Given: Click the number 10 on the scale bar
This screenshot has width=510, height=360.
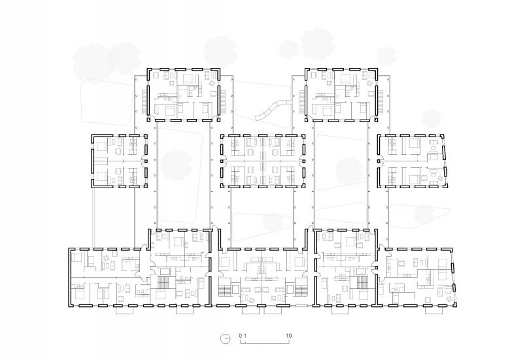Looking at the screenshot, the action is click(x=288, y=336).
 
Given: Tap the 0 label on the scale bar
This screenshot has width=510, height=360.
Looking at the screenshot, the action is click(x=241, y=336).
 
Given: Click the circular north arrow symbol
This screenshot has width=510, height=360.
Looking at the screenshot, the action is click(x=225, y=338).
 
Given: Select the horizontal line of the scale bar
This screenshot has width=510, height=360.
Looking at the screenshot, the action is click(x=265, y=342).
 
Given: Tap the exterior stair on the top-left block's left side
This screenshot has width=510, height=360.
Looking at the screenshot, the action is click(x=144, y=102).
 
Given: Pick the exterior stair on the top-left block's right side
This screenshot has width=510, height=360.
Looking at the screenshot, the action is click(x=223, y=102).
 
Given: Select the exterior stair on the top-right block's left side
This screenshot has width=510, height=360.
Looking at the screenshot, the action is click(x=302, y=102).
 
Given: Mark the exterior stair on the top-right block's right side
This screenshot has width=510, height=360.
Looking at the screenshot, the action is click(x=381, y=102).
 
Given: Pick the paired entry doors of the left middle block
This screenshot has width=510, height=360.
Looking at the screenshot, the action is click(x=144, y=161).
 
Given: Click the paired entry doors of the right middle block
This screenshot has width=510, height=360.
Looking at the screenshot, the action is click(x=380, y=161).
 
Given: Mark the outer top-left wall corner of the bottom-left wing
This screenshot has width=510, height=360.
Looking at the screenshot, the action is click(x=69, y=249).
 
